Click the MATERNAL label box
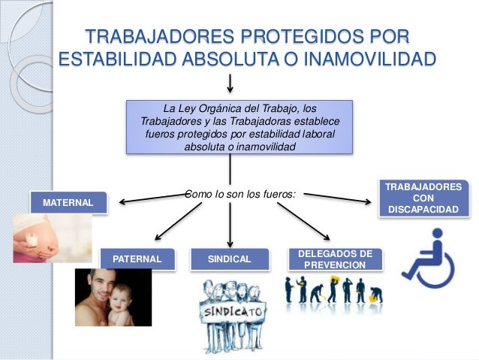[68, 203]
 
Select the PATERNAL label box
[137, 259]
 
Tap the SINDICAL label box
[229, 259]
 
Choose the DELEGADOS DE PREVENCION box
[335, 259]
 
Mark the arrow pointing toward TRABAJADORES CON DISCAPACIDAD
[338, 198]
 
